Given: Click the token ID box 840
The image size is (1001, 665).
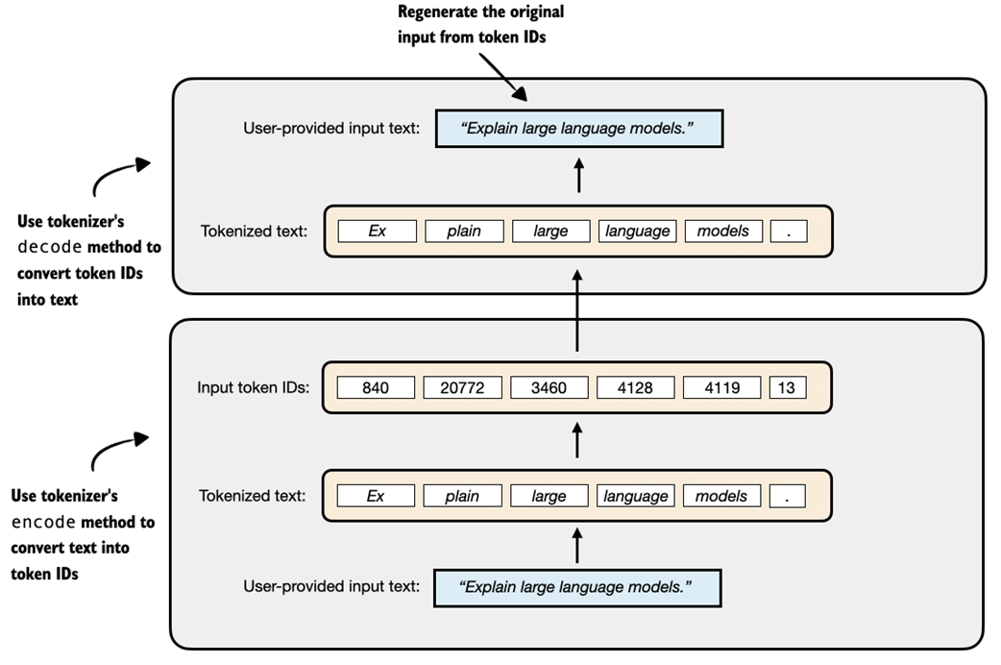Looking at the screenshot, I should coord(376,387).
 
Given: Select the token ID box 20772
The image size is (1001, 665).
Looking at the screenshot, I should coord(462,387).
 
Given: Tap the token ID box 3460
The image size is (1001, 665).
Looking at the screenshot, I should coord(549,387).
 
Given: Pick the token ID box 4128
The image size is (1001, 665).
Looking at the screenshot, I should coord(635,387).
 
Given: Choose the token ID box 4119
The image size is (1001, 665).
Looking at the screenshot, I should coord(721,387).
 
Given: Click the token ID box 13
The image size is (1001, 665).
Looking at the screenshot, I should coord(788,387).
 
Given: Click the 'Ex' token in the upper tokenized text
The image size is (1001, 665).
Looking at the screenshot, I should coord(377,231).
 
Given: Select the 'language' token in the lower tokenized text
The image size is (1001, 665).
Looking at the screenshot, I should coord(635,496).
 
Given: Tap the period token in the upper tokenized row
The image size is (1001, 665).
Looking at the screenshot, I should coord(789,231).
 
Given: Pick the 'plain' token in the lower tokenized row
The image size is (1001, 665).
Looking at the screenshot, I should coord(462,496).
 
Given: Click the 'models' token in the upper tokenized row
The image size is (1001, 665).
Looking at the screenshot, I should coord(723,231).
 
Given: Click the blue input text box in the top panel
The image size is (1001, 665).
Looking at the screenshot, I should coord(578,129).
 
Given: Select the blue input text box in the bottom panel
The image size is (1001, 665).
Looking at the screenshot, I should coord(576,586).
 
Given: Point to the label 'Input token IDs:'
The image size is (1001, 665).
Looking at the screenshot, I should coord(253,388).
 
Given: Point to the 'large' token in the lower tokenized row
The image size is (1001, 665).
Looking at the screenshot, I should coord(549,496).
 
